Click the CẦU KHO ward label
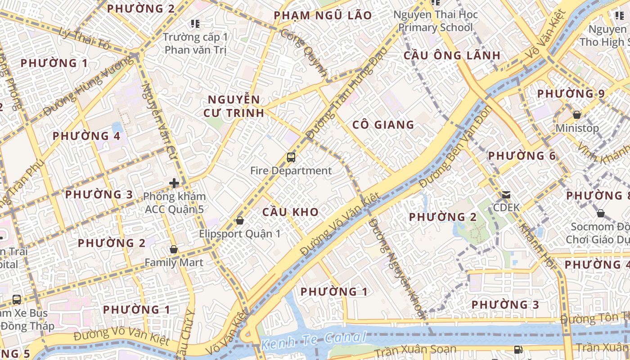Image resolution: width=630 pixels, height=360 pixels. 290,212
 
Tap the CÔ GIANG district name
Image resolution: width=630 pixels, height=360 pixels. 383,125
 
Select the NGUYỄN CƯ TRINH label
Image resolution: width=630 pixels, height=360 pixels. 234,106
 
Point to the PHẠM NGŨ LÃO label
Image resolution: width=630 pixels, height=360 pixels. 323,16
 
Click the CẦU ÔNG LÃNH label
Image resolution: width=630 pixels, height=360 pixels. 452,55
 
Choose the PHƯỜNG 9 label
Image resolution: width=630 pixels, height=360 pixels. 571,94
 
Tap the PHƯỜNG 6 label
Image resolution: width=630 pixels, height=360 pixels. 522,156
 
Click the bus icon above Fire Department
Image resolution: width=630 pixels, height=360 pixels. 291,157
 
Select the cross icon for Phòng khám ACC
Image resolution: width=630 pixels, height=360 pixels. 174,183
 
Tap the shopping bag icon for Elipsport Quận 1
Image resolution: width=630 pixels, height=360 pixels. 240,220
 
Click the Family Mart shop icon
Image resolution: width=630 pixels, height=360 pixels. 174,249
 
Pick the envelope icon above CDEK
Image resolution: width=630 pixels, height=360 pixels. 506,195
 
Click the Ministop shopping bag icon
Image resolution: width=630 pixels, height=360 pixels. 576,115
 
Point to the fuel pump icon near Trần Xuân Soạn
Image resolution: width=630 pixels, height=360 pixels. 518,349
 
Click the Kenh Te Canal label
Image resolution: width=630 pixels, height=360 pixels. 314,342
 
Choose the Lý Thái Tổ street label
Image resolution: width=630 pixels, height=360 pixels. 85,39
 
